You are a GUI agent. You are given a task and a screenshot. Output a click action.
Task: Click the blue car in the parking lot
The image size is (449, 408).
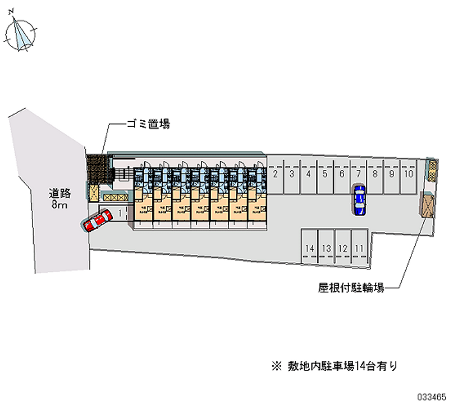point(359,199)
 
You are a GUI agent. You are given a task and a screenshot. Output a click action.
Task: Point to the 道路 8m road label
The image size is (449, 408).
point(58,199)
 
